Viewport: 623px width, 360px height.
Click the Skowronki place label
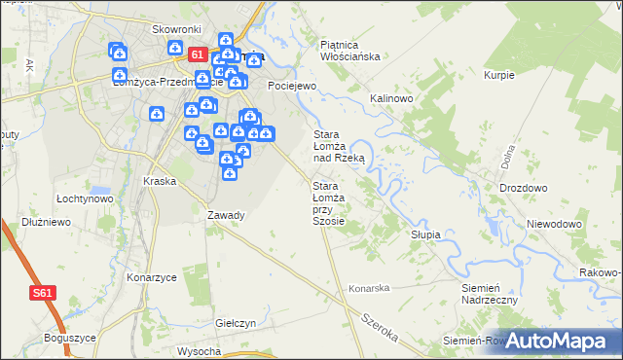click(176, 29)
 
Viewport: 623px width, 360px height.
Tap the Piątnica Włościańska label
click(348, 50)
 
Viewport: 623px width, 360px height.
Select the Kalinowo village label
click(392, 99)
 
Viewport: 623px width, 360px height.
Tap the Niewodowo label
click(554, 224)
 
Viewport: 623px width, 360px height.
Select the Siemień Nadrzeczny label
click(489, 295)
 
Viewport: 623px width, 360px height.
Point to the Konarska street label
click(369, 288)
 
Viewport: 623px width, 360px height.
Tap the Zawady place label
click(226, 215)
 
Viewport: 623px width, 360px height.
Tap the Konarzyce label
click(151, 277)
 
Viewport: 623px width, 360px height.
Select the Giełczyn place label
click(235, 323)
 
